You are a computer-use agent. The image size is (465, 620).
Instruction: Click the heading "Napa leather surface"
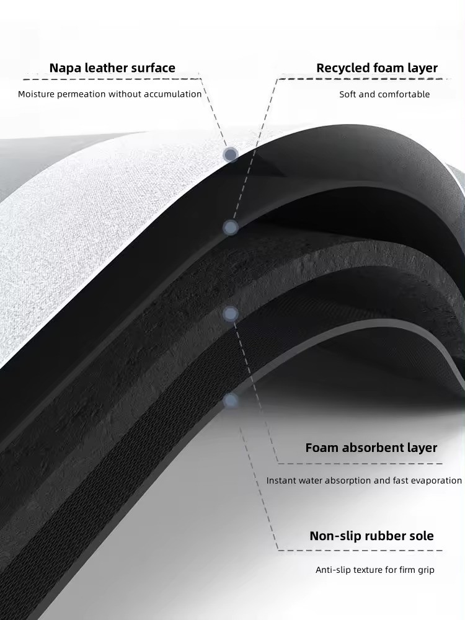point(112,68)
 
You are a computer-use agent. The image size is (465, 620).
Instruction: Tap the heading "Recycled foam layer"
point(377,68)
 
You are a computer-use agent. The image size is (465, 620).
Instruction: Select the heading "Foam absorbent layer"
point(371,448)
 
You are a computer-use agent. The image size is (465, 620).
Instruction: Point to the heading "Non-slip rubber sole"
point(371,536)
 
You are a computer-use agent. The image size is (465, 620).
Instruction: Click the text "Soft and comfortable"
point(384,94)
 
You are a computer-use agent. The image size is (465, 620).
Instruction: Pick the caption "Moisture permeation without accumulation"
point(110,94)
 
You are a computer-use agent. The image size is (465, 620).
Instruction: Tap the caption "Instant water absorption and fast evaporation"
point(364,480)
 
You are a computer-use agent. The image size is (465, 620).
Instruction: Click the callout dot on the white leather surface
point(231,154)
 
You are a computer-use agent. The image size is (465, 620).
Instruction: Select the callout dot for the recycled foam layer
point(231,228)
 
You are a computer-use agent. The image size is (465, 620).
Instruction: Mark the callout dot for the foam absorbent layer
point(231,314)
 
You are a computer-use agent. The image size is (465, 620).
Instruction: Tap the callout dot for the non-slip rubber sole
point(231,401)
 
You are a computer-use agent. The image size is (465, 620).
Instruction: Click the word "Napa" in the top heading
point(66,68)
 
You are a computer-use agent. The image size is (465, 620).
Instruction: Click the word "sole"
point(420,536)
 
